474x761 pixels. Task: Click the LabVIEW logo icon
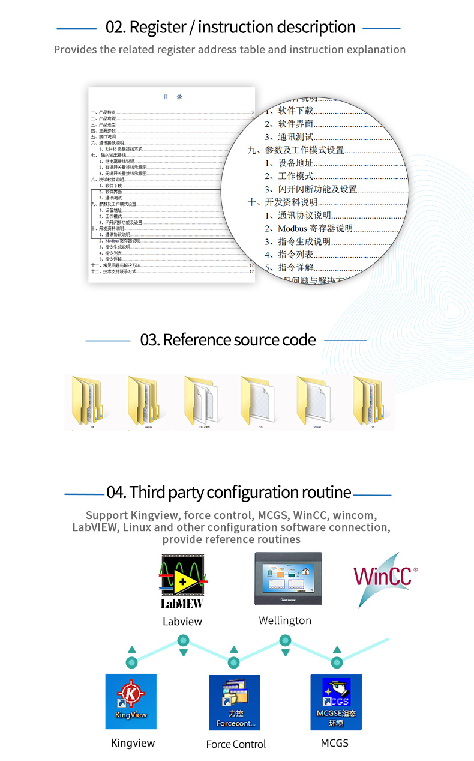coord(182,581)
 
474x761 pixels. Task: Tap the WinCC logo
coord(384,577)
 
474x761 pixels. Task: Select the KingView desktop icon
coord(131,702)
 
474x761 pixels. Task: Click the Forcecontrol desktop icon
coord(235,702)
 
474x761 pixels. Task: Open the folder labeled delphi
coord(142,399)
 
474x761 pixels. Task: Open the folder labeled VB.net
coord(311,399)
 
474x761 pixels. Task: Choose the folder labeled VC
coord(367,399)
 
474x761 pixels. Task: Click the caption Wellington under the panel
coord(285,620)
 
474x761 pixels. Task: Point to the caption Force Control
coord(236,744)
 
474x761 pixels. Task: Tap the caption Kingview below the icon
coord(133,743)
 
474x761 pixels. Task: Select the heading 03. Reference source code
coord(227,340)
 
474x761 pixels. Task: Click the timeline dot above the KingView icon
coord(132,662)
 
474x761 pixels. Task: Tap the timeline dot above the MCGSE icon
coord(337,662)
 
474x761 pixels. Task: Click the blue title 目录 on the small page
coord(173,97)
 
